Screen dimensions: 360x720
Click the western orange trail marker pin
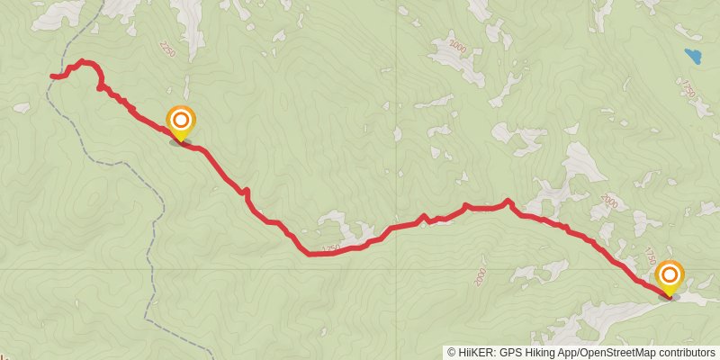181,121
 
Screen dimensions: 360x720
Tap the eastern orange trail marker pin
670,275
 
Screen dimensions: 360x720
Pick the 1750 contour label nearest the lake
689,90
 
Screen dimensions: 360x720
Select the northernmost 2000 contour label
458,46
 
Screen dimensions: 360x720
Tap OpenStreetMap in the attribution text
618,353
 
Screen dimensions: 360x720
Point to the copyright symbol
451,353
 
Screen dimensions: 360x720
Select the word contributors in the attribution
687,353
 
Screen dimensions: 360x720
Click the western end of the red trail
52,76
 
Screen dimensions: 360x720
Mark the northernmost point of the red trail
82,61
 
